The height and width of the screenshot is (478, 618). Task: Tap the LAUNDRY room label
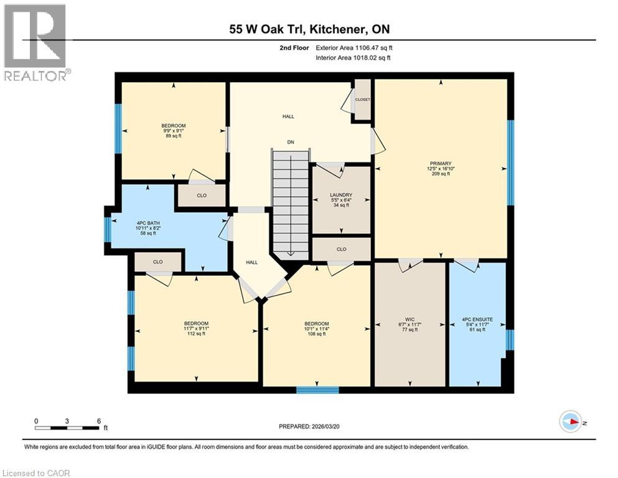[341, 199]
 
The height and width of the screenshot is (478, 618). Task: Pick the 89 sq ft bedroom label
[173, 131]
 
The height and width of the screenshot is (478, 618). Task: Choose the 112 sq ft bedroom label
[196, 328]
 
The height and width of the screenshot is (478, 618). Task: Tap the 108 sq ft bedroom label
[316, 329]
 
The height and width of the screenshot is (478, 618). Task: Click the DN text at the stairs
[290, 143]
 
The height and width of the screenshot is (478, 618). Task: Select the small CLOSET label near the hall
[362, 100]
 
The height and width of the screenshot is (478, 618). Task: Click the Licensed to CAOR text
[37, 473]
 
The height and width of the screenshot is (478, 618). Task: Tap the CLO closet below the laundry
[341, 249]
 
